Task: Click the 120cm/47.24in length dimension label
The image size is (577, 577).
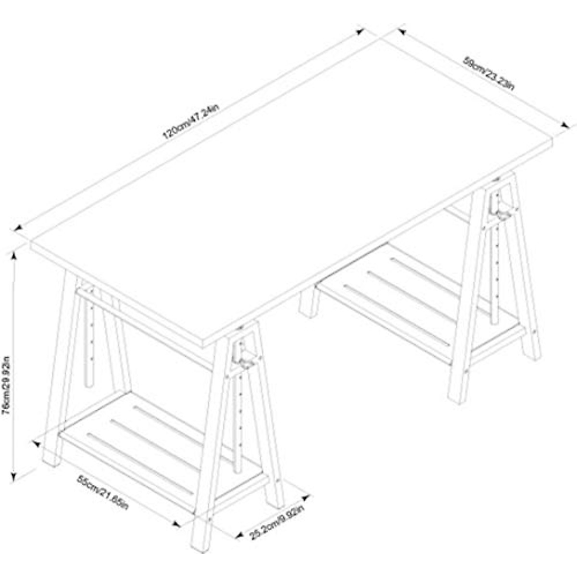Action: pos(191,121)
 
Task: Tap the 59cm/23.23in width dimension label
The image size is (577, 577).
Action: pos(488,73)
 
